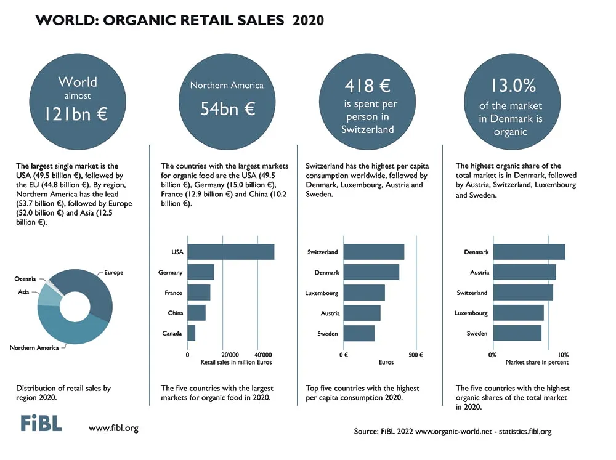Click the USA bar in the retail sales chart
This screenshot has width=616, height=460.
click(230, 252)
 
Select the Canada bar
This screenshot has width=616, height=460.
click(192, 333)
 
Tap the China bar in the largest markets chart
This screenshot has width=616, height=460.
click(197, 313)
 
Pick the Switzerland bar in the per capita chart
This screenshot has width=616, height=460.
click(374, 252)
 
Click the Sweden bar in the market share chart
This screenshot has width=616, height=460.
click(517, 333)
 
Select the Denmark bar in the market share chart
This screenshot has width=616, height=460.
click(529, 252)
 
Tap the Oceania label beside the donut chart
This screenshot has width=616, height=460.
click(25, 279)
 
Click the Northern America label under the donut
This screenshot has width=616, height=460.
click(34, 348)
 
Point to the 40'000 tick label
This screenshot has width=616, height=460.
click(263, 355)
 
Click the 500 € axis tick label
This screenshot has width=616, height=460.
click(416, 355)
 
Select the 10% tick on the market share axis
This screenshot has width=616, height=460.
click(563, 355)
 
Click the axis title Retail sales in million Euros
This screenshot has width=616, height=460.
click(236, 362)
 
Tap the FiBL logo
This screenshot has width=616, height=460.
click(41, 423)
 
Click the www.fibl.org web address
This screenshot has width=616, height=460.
click(113, 428)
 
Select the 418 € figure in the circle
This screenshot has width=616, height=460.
click(368, 86)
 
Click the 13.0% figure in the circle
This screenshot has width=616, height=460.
click(513, 85)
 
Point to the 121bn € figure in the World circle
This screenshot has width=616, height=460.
click(76, 114)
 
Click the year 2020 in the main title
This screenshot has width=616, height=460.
click(309, 20)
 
